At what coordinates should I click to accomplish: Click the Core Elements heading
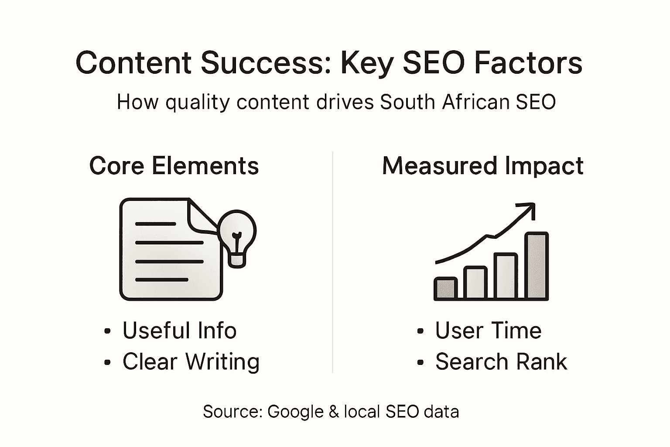coord(174,166)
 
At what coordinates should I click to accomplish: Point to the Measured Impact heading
coord(482,166)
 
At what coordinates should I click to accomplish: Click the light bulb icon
coord(237,236)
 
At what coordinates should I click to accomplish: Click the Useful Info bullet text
coord(179,330)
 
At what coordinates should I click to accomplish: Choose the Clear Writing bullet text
coord(191,361)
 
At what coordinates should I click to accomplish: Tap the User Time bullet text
coord(488,330)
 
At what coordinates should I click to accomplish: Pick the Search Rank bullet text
coord(501,361)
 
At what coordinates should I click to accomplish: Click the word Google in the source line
coord(295,412)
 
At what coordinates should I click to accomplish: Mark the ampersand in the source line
coord(334,412)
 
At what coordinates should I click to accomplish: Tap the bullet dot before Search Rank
coord(420,362)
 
